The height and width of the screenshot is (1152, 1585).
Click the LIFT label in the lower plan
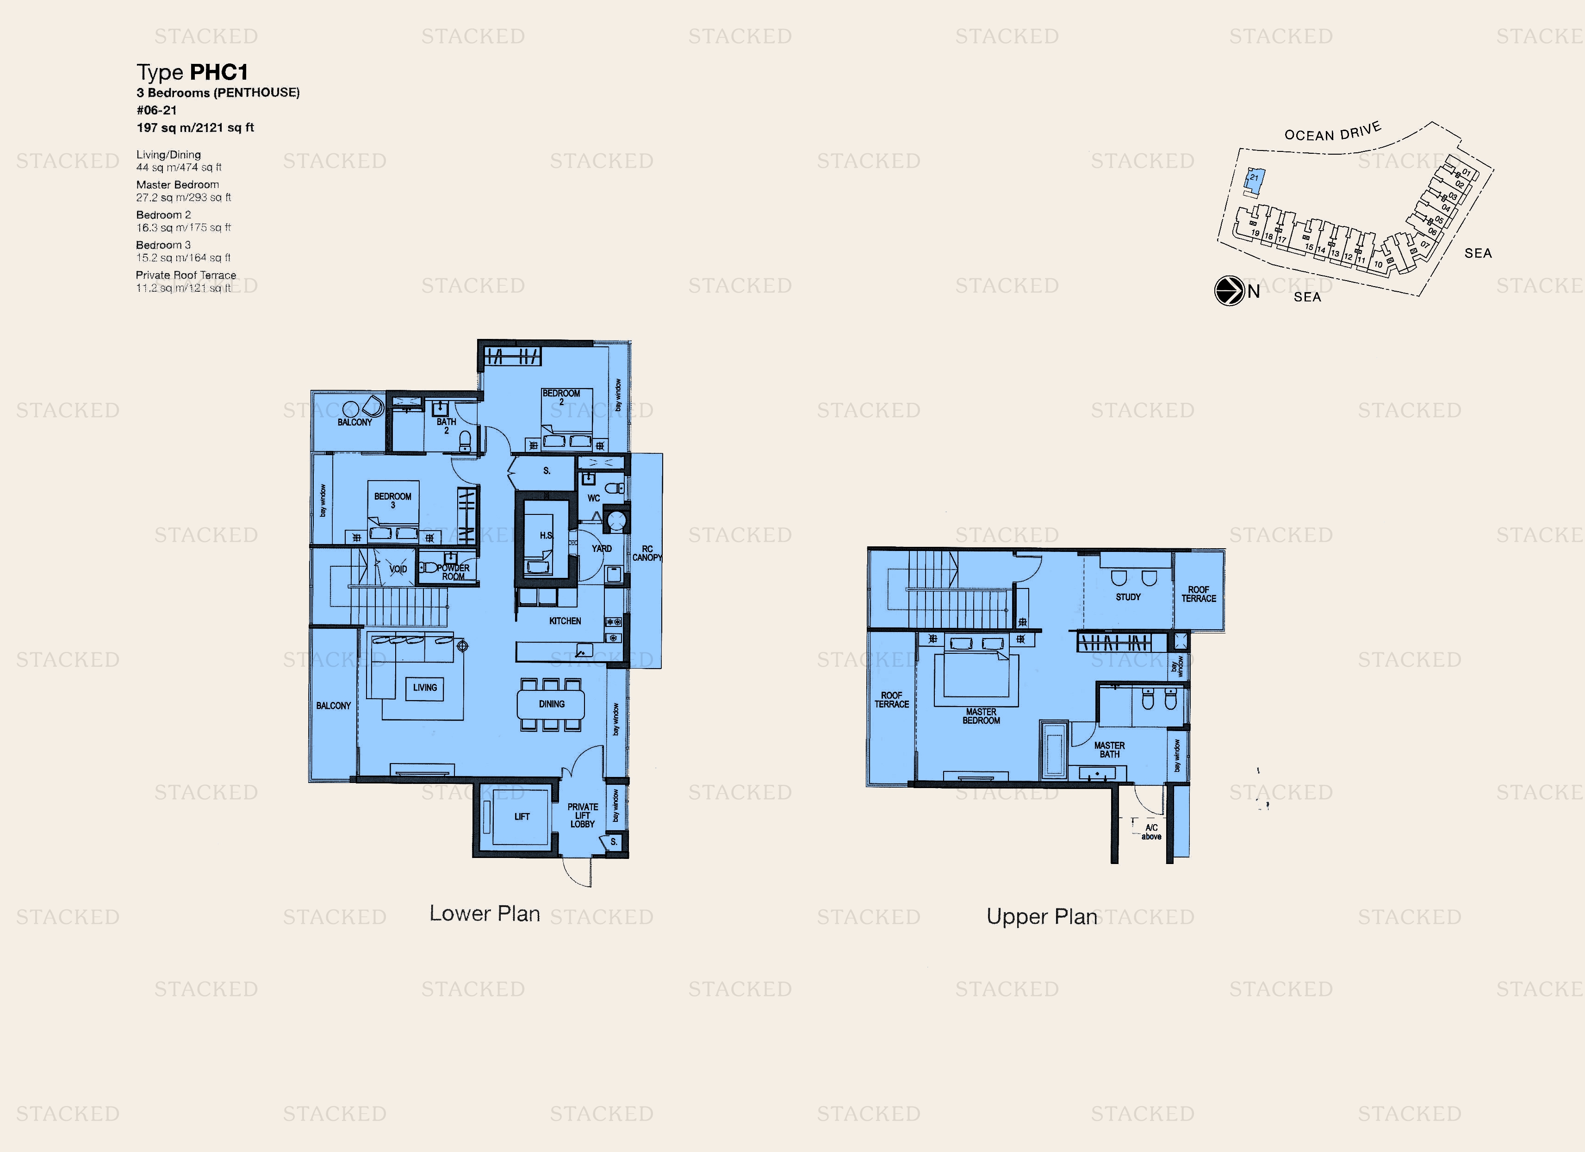[522, 816]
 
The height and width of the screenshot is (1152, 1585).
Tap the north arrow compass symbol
[1229, 291]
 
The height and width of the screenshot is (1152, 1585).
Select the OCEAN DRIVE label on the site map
[1332, 132]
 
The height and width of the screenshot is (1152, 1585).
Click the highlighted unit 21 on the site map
[1255, 179]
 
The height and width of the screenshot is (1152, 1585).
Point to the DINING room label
[552, 704]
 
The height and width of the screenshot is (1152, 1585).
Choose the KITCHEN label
[565, 621]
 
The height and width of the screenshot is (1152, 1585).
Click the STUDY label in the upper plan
[1128, 597]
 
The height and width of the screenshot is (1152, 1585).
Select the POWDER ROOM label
[453, 572]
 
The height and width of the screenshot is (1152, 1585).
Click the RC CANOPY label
[646, 553]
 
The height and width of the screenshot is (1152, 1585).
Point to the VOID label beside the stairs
[398, 569]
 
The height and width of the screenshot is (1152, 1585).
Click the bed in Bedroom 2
[566, 419]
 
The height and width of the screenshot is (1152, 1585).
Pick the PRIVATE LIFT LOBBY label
[582, 815]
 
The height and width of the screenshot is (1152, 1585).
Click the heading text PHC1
[219, 72]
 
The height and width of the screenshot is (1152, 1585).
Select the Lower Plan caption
[485, 913]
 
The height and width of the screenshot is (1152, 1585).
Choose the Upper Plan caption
[1041, 916]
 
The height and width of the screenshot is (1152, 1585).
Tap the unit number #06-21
[156, 111]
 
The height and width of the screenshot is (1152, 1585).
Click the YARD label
[601, 549]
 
